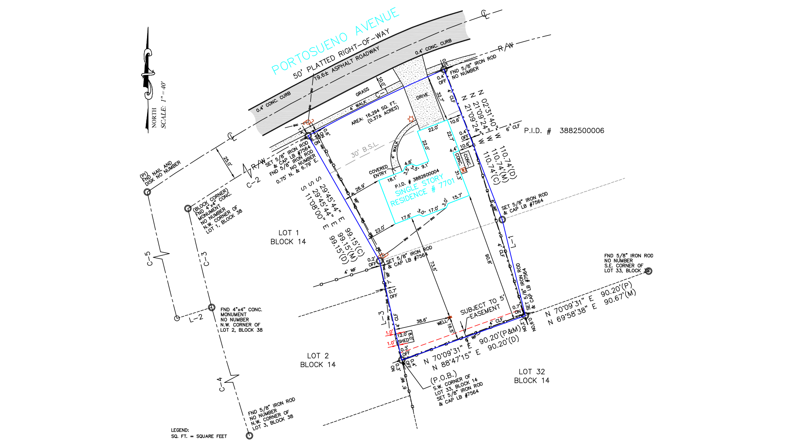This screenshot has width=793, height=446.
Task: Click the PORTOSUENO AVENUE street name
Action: [x=335, y=41]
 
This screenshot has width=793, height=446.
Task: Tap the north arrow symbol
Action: [x=148, y=78]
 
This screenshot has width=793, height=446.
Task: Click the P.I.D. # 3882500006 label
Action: [x=564, y=131]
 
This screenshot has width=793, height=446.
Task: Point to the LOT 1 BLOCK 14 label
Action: [x=288, y=237]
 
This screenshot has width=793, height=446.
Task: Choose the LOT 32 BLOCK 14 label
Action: [x=532, y=376]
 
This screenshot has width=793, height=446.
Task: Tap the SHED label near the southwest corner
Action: [x=404, y=341]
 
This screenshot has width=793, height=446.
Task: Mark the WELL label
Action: [x=442, y=323]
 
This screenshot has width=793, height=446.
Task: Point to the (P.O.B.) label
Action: [x=443, y=377]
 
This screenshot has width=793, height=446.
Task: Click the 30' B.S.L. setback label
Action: [x=365, y=150]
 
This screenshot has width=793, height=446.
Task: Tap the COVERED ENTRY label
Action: [x=379, y=173]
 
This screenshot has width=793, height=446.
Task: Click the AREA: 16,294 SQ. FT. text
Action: [x=375, y=114]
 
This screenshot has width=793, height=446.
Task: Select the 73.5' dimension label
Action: [x=433, y=266]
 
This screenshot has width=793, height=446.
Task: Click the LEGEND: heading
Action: [x=180, y=430]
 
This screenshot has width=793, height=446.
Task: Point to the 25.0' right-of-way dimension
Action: [x=228, y=161]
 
